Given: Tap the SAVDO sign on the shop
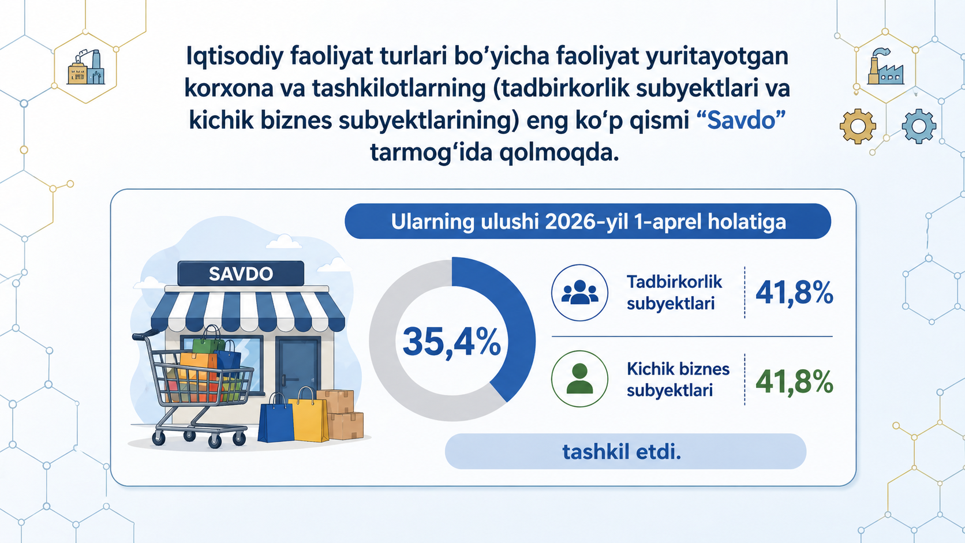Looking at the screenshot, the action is pos(241,274).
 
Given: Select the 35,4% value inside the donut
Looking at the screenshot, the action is pos(451,342).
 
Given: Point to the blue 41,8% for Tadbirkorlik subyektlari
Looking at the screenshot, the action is pos(794,293).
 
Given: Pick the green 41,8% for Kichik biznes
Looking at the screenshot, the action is pos(794,381).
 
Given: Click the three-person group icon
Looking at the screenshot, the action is pos(580,293).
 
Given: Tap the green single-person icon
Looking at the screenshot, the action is pos(580,379).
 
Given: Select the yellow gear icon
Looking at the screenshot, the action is pos(858,126).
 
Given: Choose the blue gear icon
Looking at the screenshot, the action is pos(919,126).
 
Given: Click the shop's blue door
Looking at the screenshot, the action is pos(298,370).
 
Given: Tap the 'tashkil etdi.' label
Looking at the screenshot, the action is pos(622,452).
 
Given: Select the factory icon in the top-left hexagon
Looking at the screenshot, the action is pos(86,67).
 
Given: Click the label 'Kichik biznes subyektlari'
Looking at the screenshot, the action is pos(678,379).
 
